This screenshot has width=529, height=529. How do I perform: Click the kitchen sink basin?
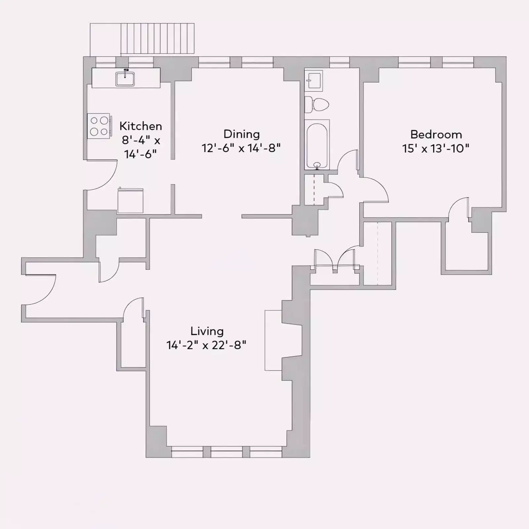(125, 79)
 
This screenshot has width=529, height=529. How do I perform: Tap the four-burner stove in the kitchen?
(99, 126)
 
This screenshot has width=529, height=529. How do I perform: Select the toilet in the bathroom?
(317, 104)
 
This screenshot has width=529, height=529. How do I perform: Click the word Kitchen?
(141, 126)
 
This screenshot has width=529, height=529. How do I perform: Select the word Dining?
(241, 134)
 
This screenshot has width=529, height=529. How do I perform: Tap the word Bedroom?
(436, 134)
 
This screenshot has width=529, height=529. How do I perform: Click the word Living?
(207, 331)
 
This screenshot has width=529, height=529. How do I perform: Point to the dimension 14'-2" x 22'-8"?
(206, 345)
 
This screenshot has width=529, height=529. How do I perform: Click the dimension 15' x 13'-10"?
(435, 148)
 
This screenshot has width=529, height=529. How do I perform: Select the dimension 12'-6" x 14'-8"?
(241, 148)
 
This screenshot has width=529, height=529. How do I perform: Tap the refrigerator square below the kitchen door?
(130, 201)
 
